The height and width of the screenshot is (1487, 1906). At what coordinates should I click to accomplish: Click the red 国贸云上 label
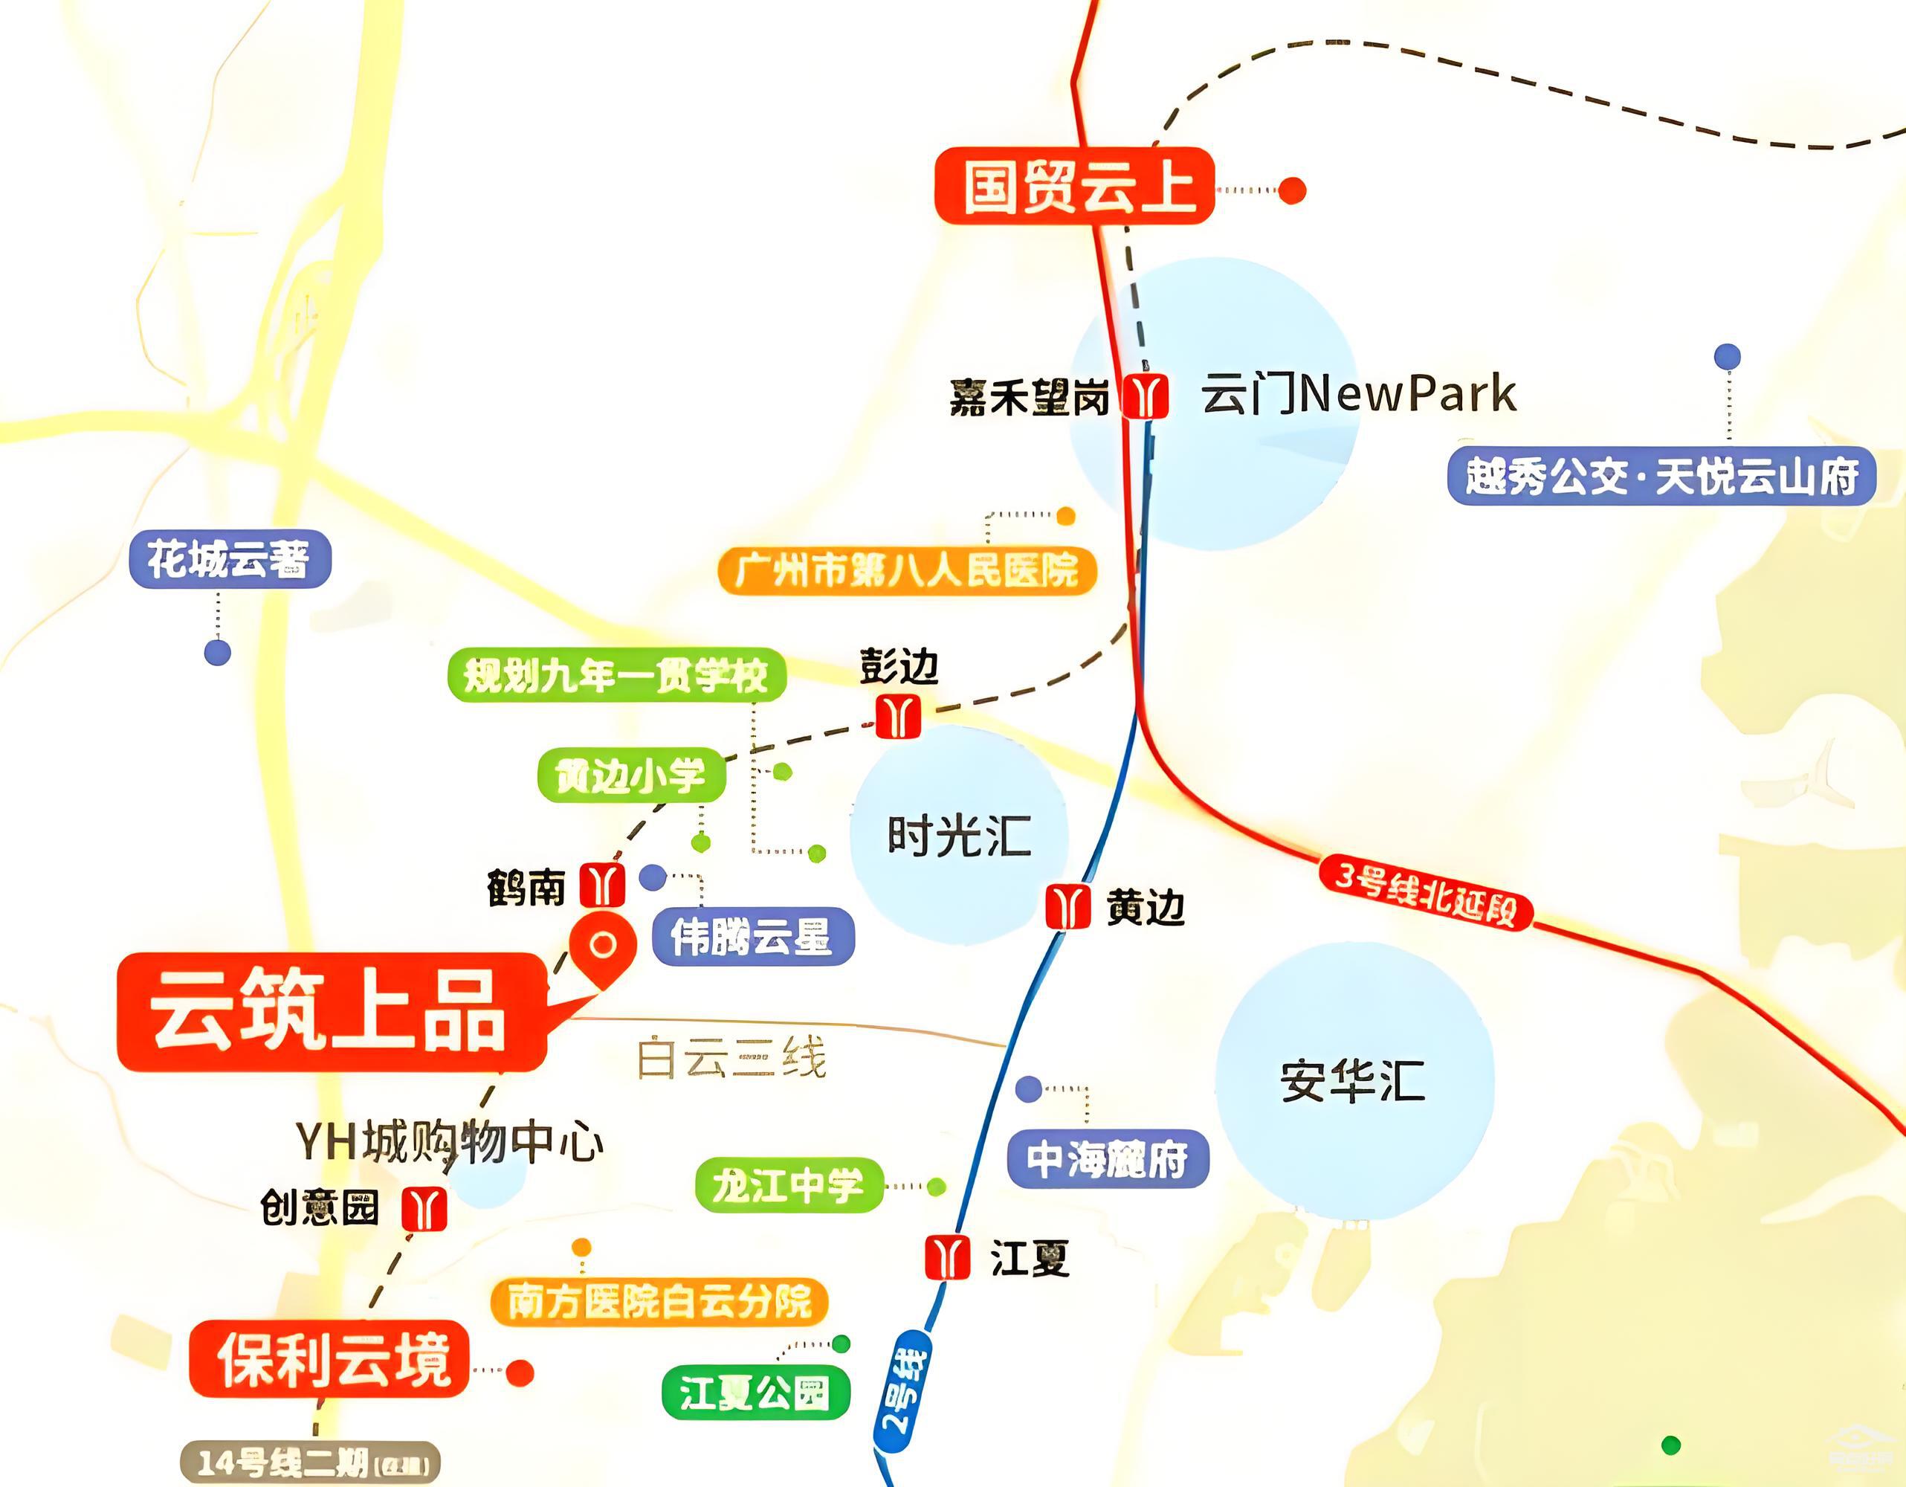coord(1074,186)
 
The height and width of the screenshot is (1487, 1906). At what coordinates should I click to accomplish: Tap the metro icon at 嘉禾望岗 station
coord(1144,396)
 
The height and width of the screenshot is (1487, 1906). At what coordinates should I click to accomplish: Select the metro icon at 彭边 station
coord(898,715)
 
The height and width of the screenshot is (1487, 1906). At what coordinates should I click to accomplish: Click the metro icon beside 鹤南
coord(602,885)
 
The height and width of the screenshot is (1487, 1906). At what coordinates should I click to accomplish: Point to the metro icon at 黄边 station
coord(1067,906)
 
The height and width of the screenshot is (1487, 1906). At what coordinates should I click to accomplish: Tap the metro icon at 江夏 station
coord(947,1257)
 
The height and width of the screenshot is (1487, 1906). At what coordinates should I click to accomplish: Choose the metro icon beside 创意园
coord(424,1209)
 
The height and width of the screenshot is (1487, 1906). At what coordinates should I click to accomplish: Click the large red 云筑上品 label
coord(332,1013)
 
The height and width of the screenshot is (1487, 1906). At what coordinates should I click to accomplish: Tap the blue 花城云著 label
coord(230,558)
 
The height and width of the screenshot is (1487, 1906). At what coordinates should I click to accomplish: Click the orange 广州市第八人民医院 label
coord(907,572)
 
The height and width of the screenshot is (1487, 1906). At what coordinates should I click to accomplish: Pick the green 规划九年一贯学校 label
coord(616,674)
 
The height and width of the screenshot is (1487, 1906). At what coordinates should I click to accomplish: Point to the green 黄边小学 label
coord(631,775)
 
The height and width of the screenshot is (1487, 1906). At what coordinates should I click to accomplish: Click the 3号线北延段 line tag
coord(1424,892)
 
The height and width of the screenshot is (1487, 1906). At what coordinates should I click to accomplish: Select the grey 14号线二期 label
coord(310,1463)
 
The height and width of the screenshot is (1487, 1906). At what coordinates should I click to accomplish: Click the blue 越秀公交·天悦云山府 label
coord(1661,477)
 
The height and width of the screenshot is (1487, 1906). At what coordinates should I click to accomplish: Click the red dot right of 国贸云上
coord(1292,190)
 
